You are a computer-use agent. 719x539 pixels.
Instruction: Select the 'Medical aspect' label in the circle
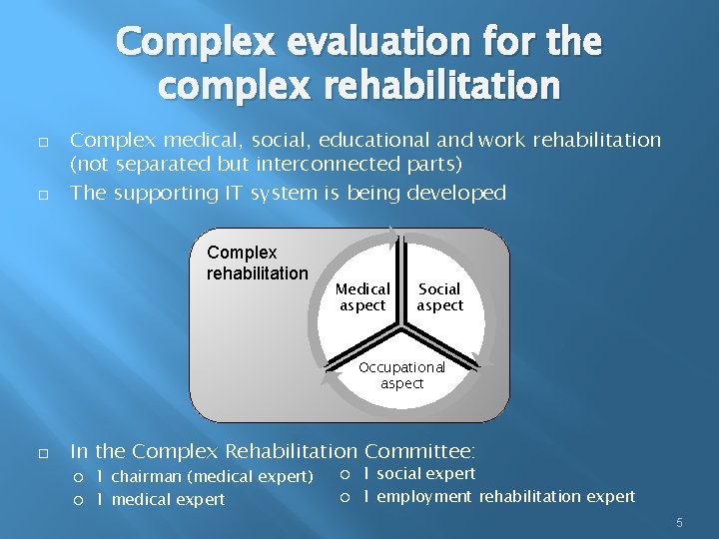pyautogui.click(x=362, y=296)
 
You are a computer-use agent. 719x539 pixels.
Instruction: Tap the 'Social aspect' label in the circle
pyautogui.click(x=440, y=296)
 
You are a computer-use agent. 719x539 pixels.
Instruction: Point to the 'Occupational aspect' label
pyautogui.click(x=401, y=375)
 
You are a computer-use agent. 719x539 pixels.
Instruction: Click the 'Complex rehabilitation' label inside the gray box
pyautogui.click(x=257, y=263)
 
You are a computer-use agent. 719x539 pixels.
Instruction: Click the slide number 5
pyautogui.click(x=679, y=522)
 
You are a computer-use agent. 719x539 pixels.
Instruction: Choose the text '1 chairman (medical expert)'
pyautogui.click(x=205, y=476)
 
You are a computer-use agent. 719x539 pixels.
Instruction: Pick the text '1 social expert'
pyautogui.click(x=418, y=473)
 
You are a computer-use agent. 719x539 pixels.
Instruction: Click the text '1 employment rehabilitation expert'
pyautogui.click(x=498, y=496)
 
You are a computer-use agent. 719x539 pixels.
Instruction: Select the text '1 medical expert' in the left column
pyautogui.click(x=160, y=499)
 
